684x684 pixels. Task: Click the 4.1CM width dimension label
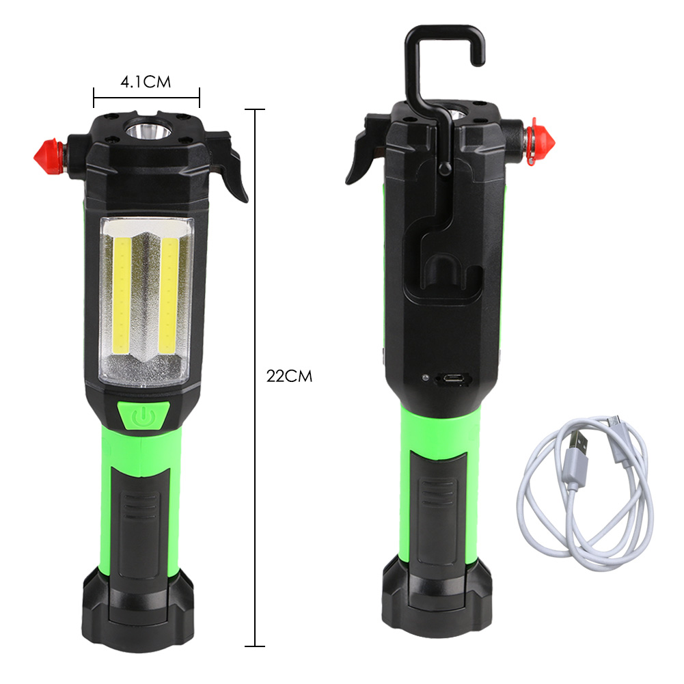145,82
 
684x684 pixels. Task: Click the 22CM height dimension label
289,376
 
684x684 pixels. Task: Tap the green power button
142,416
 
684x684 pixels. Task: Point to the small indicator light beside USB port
424,378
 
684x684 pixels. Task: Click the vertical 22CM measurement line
255,273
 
